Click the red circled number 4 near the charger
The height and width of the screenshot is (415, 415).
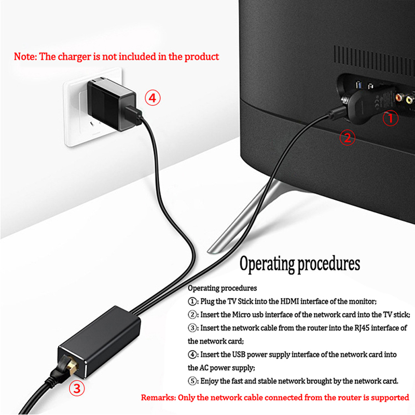pyautogui.click(x=153, y=98)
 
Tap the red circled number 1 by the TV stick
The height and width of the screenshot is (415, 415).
pyautogui.click(x=391, y=118)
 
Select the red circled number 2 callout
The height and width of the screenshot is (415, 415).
pyautogui.click(x=347, y=137)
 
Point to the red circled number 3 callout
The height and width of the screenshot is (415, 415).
pyautogui.click(x=77, y=388)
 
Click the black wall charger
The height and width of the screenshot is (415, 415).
pyautogui.click(x=111, y=105)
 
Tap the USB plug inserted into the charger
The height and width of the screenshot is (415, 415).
pyautogui.click(x=133, y=115)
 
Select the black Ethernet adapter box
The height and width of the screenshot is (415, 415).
pyautogui.click(x=99, y=342)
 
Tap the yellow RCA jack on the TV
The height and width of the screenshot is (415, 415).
pyautogui.click(x=409, y=100)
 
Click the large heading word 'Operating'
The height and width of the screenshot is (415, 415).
pyautogui.click(x=267, y=264)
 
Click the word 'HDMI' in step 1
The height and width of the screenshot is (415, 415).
pyautogui.click(x=289, y=301)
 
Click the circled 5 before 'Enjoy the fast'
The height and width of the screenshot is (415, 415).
pyautogui.click(x=192, y=381)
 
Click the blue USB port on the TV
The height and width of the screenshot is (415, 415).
pyautogui.click(x=359, y=85)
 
